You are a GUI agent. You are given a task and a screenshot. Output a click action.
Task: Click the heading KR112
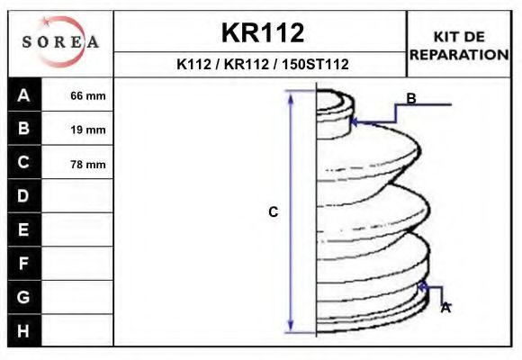pos(262,33)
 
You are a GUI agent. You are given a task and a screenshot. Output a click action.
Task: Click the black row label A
pos(24,95)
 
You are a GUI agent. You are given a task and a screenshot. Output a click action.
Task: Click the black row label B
pos(24,129)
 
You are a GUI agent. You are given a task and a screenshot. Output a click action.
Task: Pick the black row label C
pos(24,163)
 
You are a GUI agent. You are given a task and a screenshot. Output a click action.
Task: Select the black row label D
pos(24,196)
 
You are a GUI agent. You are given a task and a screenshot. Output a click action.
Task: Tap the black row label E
pos(24,229)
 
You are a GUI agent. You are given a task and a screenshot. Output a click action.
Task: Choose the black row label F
pos(24,264)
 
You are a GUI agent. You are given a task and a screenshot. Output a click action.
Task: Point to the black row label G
pos(24,297)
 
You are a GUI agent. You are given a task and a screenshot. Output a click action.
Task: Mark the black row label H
pos(24,330)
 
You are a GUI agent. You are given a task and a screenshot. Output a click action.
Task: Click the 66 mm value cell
pos(88,96)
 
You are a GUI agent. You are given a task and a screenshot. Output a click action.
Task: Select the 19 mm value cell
pos(88,130)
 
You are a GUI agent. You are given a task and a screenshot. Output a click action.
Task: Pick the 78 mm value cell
pos(88,164)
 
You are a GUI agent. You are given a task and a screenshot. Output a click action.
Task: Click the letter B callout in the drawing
pos(410,98)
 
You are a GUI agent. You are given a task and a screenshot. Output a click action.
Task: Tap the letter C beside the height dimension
pos(274,212)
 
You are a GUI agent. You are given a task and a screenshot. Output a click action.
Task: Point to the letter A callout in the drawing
pos(445,308)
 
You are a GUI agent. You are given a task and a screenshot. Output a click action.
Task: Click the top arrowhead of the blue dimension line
pos(291,94)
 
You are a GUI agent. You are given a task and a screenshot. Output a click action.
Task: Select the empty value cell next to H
pos(79,330)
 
